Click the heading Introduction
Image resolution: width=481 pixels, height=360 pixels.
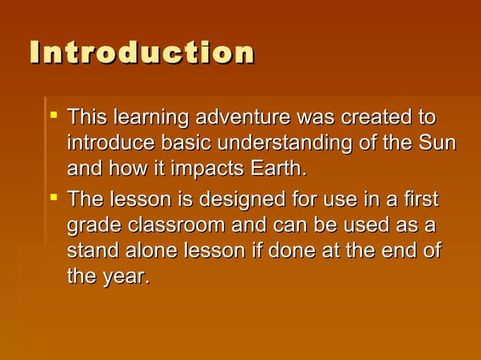point(142,53)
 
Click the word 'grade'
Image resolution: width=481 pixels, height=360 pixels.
point(95,226)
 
